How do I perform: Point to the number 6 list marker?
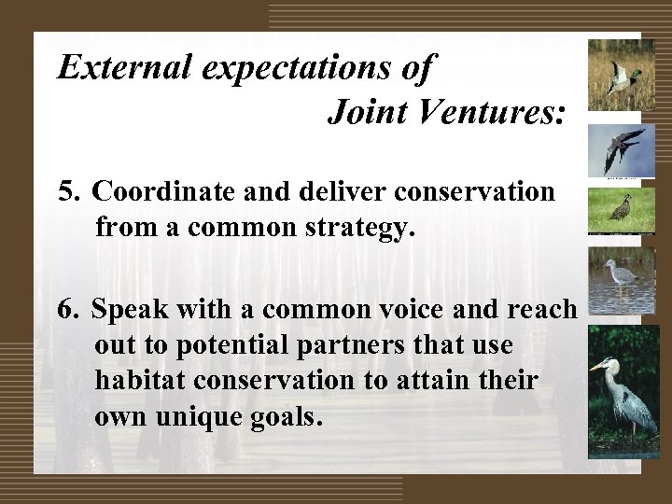click(66, 310)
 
